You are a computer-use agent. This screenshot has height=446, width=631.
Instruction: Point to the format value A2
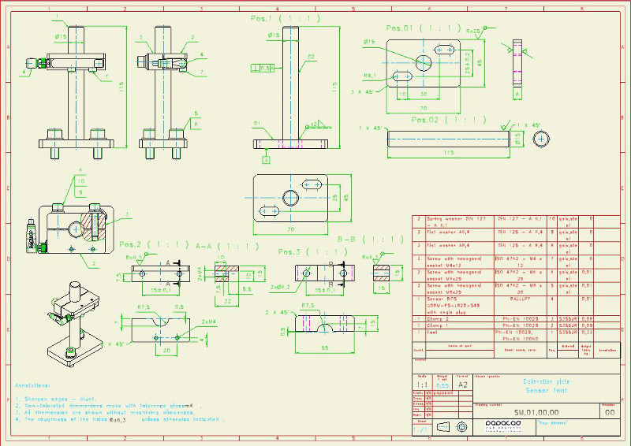tap(465, 385)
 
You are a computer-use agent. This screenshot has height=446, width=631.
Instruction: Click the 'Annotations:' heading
tap(35, 385)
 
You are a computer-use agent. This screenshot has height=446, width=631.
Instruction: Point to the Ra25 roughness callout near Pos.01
tap(473, 31)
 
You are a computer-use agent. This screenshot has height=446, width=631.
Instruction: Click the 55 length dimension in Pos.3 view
tap(326, 347)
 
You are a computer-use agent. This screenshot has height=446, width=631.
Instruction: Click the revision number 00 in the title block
tap(608, 411)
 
